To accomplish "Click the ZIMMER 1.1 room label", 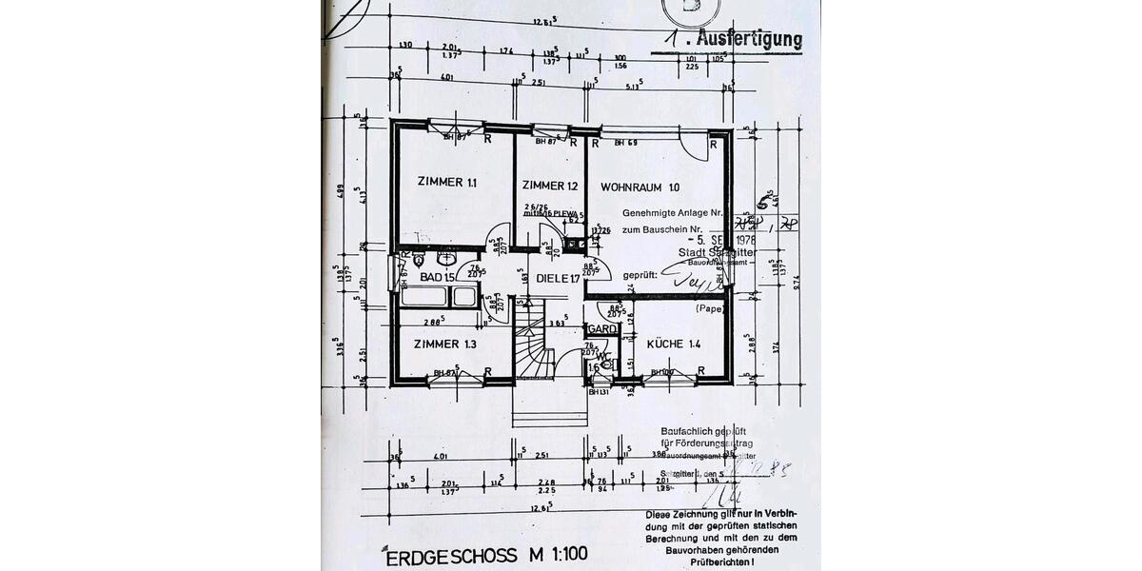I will (446, 182).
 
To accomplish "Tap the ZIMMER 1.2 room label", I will (550, 186).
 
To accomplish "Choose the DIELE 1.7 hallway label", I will (558, 279).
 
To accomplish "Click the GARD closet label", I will (602, 329).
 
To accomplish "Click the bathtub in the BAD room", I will (439, 297).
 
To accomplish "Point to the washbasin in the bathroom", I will (446, 258).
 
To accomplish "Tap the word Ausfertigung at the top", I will (748, 40).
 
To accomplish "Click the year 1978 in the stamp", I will (739, 240).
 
